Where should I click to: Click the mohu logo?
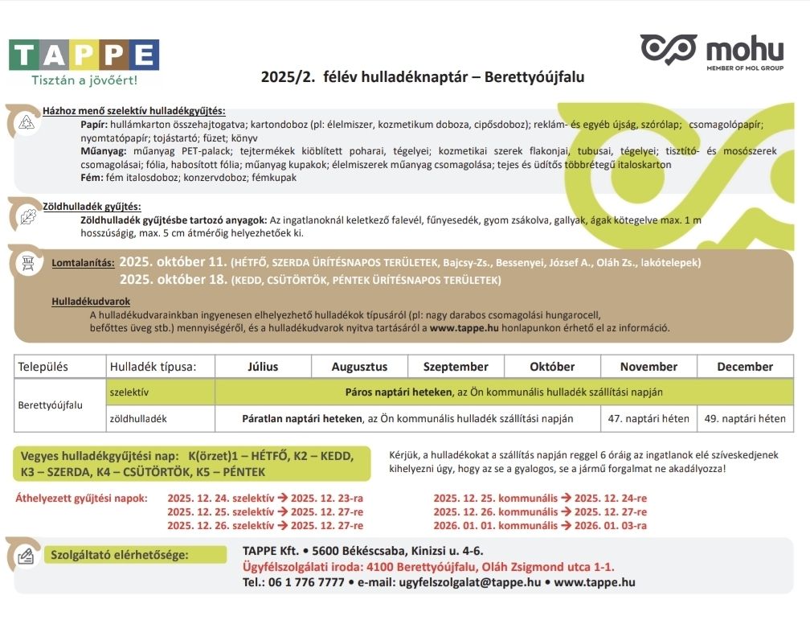(x=711, y=52)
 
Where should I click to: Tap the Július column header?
(x=263, y=367)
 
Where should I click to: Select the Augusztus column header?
(x=359, y=367)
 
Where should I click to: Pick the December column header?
(x=745, y=367)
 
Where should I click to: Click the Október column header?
(x=552, y=367)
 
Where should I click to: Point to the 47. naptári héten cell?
(x=648, y=419)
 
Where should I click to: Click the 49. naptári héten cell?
(x=745, y=419)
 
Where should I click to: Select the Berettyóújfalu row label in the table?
(x=50, y=405)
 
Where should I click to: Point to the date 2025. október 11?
(x=173, y=262)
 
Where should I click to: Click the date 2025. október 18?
(x=173, y=280)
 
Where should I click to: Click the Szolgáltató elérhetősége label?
(x=120, y=555)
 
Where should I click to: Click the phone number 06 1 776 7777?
(x=306, y=582)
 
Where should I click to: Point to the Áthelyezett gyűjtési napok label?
(x=82, y=498)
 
